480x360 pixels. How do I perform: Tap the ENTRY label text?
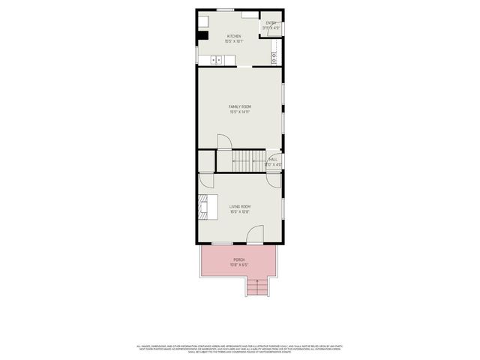coord(271,23)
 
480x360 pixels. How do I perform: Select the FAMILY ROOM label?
coord(239,107)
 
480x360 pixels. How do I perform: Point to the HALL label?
coord(274,159)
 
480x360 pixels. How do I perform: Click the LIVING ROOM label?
coord(239,206)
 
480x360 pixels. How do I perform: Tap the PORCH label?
coord(239,259)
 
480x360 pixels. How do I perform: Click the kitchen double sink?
coord(215,60)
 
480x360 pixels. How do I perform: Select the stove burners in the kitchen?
coord(275,55)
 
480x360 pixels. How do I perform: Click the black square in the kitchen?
coord(202,34)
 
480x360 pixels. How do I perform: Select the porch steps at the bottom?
coord(257,288)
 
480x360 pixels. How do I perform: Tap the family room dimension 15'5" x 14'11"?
coord(239,113)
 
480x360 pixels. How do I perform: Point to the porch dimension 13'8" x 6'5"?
coord(239,265)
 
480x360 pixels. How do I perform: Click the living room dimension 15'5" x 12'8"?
coord(239,211)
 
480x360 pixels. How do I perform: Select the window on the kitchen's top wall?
coord(224,10)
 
